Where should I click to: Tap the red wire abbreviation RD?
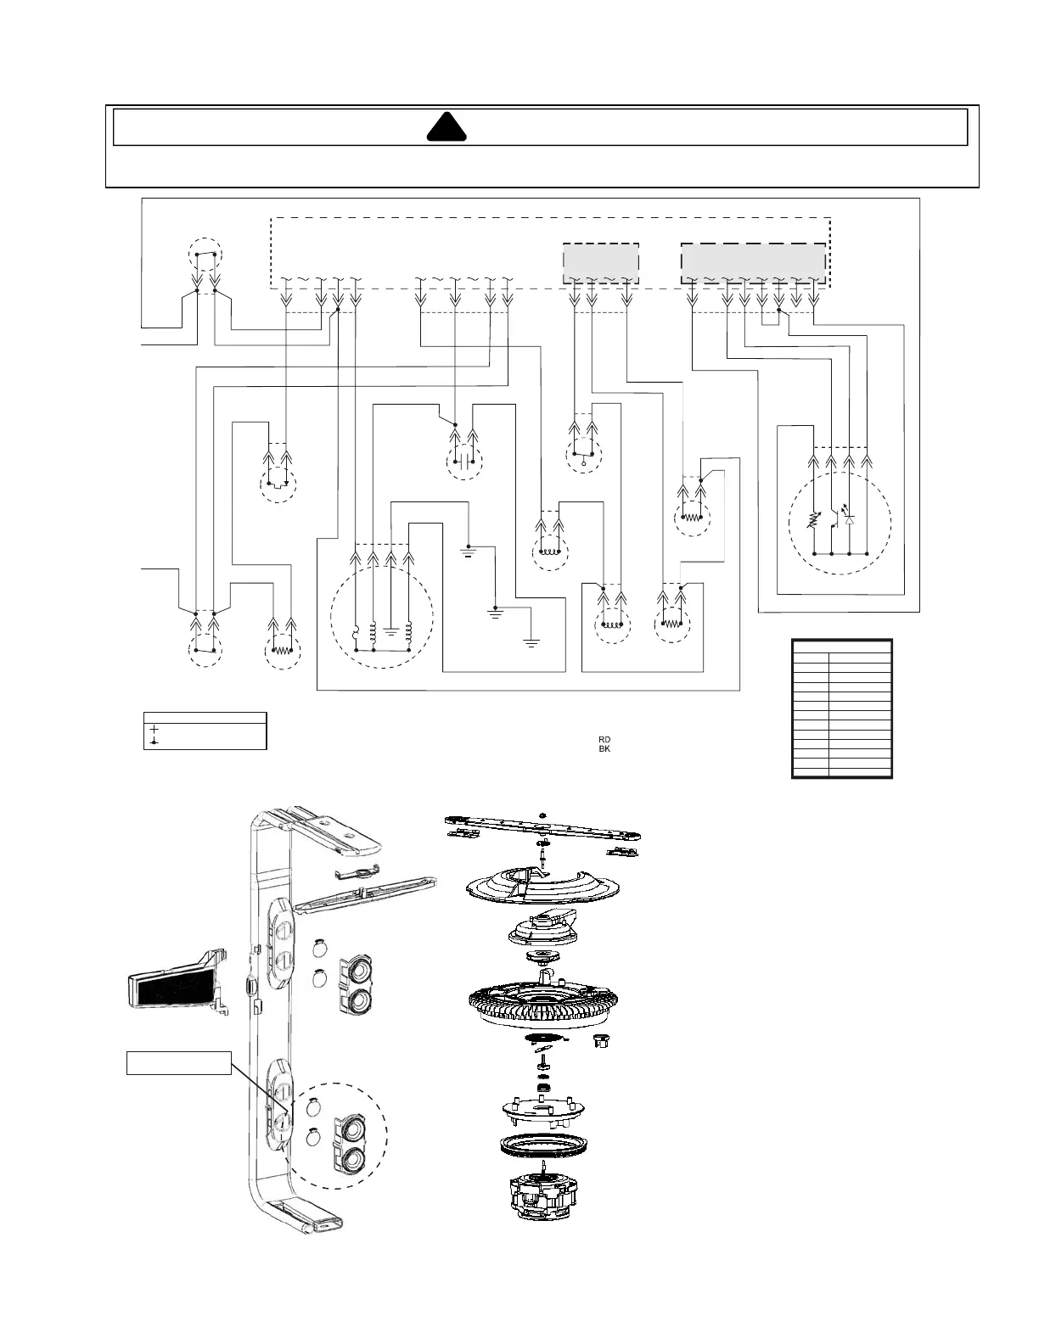[x=604, y=740]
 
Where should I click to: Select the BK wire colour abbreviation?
[x=604, y=749]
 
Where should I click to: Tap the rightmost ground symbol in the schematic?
[x=532, y=642]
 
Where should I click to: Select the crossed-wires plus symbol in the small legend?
[x=154, y=729]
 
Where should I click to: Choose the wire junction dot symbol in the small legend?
[x=154, y=742]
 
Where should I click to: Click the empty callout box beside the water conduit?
[x=178, y=1062]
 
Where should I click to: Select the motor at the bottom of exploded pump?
[x=543, y=1196]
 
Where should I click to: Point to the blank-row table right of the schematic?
[x=841, y=708]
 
